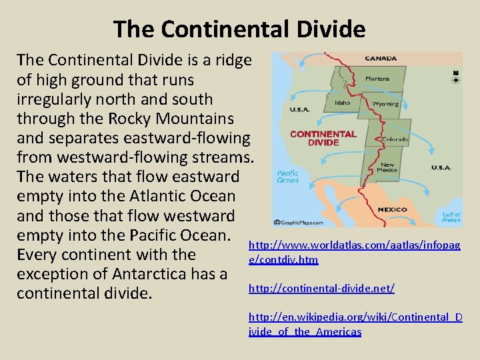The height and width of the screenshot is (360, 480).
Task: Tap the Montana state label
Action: point(377,79)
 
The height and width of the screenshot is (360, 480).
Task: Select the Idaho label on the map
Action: point(343,103)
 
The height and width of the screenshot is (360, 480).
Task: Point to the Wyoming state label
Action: point(386,104)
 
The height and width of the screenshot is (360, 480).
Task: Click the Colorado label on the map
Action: point(395,139)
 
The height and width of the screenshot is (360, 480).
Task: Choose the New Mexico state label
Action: point(387,168)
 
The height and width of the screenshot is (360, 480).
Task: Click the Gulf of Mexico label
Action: point(451,217)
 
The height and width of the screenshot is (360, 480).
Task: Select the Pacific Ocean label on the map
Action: point(288,176)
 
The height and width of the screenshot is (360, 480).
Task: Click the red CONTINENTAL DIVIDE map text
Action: point(323,138)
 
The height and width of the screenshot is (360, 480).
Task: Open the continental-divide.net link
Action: point(321,288)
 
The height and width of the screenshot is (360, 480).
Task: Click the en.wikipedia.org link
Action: point(355,324)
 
